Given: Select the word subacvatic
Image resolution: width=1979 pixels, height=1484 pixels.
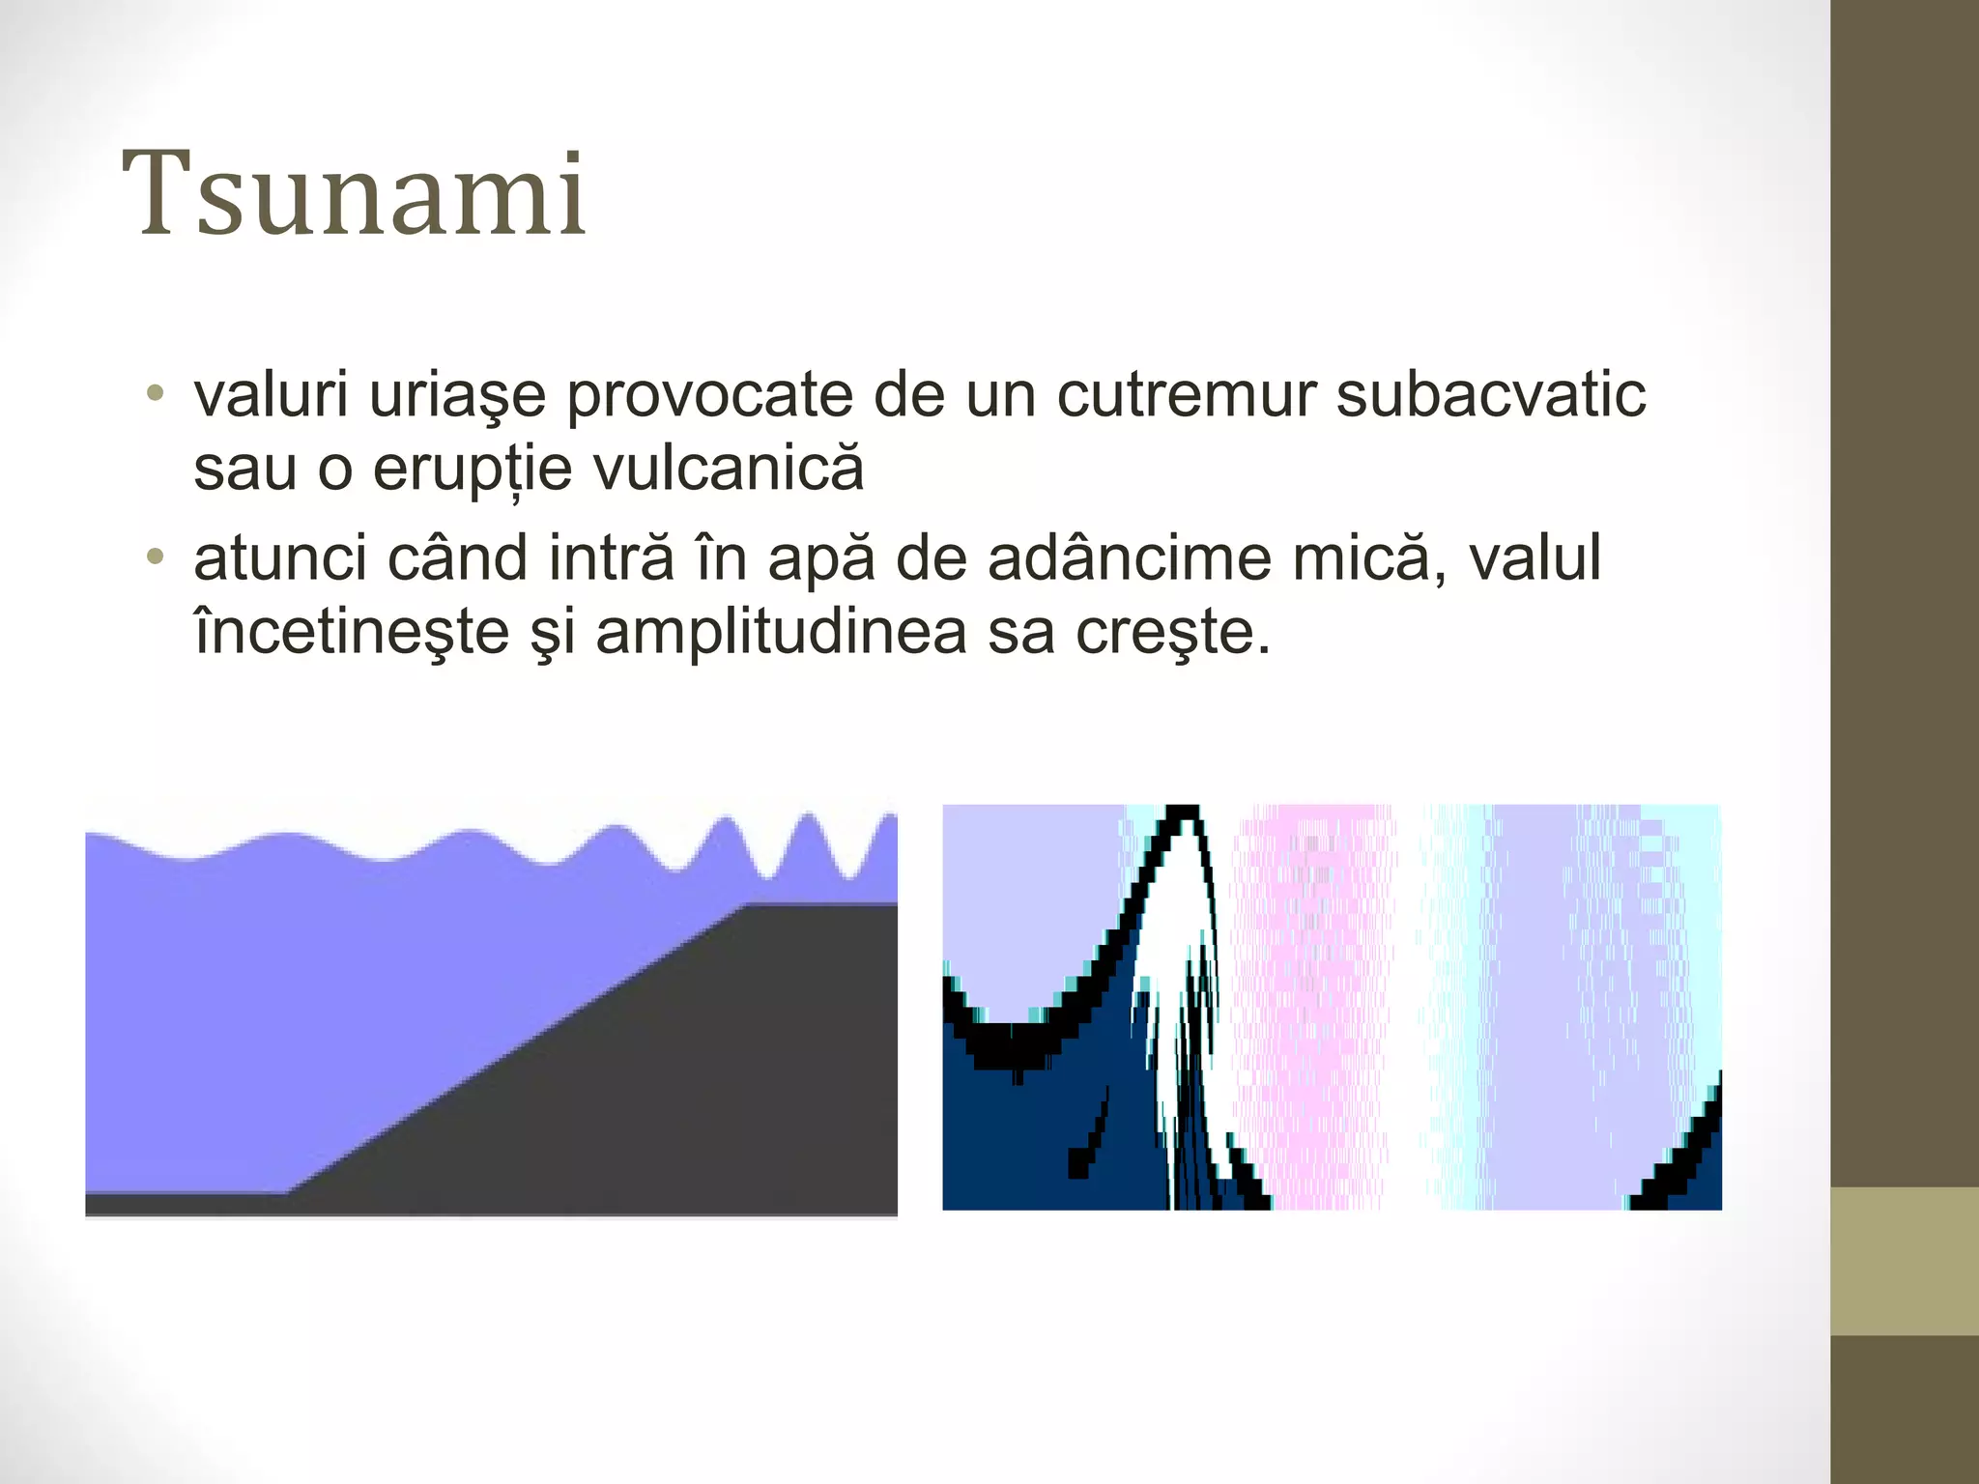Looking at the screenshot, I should [x=1491, y=395].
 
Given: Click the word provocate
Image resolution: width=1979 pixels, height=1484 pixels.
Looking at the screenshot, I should [x=709, y=395].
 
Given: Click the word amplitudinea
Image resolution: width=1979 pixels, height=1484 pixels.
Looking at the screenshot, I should [x=781, y=633].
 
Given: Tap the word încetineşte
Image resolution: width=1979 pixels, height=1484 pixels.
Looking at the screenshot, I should [x=352, y=633].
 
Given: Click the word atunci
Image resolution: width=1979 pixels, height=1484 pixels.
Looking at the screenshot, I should [x=280, y=559].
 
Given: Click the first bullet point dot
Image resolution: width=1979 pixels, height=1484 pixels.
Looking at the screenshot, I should [x=154, y=395].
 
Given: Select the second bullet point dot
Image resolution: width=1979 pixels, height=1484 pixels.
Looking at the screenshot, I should [x=154, y=558].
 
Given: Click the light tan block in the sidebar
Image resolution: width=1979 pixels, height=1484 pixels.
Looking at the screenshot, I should [x=1905, y=1261].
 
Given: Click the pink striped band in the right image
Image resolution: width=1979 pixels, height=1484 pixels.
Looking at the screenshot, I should [x=1314, y=1005].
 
